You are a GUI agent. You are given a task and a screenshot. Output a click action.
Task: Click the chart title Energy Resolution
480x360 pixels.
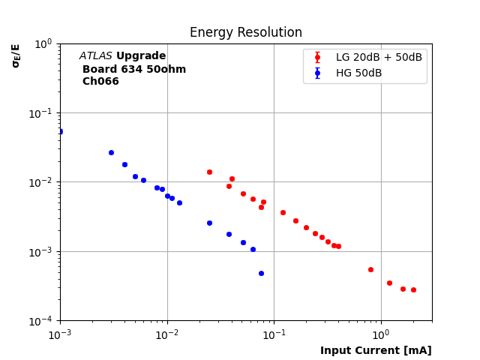pos(245,33)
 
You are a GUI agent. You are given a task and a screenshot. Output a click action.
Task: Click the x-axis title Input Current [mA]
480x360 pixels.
pos(376,350)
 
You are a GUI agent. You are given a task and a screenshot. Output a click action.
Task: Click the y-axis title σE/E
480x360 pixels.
pos(16,55)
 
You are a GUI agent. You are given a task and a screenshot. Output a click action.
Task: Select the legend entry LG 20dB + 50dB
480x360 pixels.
pos(379,58)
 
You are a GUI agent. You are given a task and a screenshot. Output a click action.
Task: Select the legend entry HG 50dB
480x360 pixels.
pos(358,73)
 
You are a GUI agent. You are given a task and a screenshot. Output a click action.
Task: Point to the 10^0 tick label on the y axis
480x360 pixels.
pos(43,43)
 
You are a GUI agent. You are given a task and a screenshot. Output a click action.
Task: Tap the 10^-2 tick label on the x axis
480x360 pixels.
pos(166,334)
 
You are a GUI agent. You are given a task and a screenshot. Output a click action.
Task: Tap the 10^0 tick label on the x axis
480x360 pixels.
pos(381,334)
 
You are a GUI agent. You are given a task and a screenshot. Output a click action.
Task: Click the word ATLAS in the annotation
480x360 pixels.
pos(96,56)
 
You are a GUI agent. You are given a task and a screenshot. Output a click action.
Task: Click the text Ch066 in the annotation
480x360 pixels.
pos(100,82)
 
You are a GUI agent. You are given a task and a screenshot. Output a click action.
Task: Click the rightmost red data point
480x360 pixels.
pos(413,289)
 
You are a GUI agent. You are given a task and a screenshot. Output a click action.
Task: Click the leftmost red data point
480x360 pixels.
pos(209,172)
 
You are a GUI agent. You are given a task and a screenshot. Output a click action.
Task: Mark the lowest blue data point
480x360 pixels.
pos(261,273)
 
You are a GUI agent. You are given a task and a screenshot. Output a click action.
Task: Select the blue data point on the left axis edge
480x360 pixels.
pos(60,131)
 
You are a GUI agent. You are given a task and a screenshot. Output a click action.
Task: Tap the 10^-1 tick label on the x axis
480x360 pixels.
pos(274,334)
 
